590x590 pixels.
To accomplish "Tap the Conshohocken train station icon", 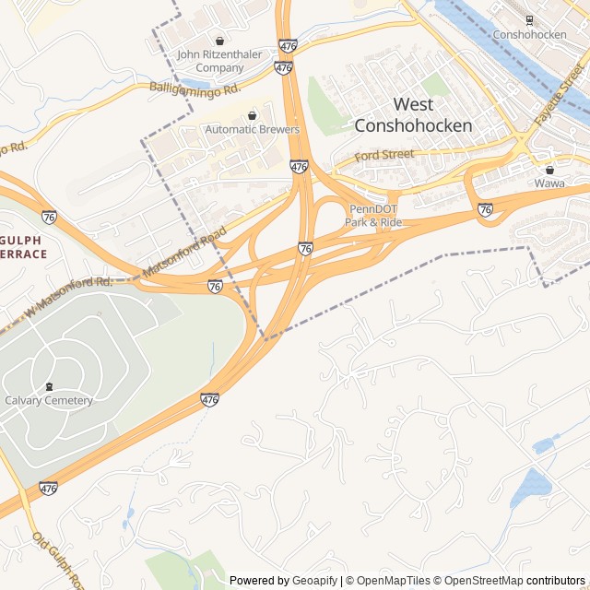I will point(529,19).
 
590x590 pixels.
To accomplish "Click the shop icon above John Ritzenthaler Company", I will point(219,41).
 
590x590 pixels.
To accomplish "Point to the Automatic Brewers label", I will point(253,130).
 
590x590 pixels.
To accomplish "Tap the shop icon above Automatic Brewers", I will point(253,115).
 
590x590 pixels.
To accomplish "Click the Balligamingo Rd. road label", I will point(195,88).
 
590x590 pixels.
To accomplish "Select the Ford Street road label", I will point(385,156).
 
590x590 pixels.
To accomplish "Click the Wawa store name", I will point(549,183).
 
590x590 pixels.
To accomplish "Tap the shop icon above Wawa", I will point(550,170).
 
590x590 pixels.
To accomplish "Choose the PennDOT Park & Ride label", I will point(373,215).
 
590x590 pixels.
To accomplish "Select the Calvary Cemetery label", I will point(49,400).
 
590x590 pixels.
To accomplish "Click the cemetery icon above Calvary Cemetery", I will point(49,386).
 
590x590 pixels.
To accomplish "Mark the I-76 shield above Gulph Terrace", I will point(49,217).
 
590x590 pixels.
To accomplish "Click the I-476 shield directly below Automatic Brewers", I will point(298,167).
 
